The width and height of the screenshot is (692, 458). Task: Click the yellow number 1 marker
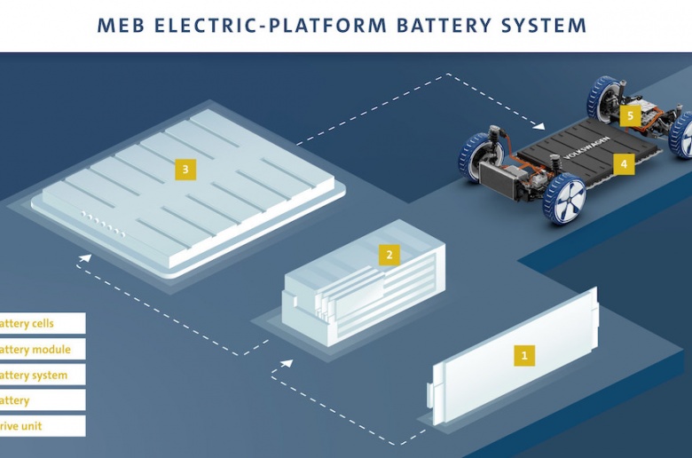click(x=524, y=356)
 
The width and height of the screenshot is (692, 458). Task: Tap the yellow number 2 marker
click(x=388, y=256)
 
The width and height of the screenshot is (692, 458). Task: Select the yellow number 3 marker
click(x=185, y=169)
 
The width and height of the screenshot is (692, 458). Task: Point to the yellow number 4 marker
click(x=624, y=163)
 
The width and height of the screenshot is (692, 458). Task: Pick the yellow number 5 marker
click(x=631, y=115)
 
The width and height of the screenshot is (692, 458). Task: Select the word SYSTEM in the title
click(x=542, y=25)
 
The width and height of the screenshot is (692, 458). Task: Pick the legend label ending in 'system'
click(x=34, y=375)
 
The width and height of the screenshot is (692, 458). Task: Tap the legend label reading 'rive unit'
click(x=21, y=426)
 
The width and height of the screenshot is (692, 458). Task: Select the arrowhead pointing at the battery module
click(x=287, y=364)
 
